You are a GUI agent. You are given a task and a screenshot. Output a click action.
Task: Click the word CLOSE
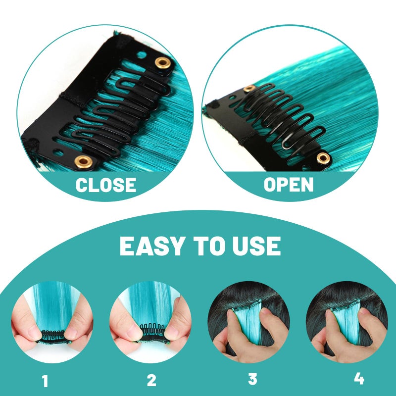[105, 185]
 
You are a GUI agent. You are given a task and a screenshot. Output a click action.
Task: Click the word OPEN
[289, 185]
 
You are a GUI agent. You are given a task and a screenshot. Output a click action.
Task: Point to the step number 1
[46, 381]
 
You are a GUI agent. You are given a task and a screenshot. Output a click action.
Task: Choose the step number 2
[151, 380]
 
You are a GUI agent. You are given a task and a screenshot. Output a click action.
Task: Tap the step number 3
[252, 380]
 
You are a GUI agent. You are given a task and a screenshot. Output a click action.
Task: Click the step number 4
[359, 379]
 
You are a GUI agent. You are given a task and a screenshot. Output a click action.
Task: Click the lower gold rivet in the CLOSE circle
[83, 161]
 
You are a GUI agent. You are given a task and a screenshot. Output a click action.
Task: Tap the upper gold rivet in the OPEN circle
[249, 89]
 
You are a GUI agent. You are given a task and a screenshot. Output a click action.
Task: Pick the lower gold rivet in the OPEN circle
[323, 158]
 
